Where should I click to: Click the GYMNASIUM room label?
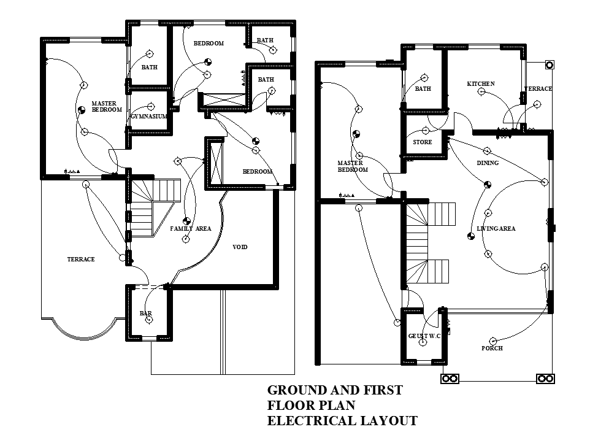point(149,116)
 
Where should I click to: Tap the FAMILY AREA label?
point(190,229)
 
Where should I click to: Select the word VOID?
point(240,247)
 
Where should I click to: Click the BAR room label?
point(146,314)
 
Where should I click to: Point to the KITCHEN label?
point(481,84)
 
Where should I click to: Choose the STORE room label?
point(422,142)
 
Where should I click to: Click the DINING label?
point(488,163)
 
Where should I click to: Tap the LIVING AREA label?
point(496,229)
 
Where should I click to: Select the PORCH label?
point(492,349)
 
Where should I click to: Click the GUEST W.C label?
point(424,336)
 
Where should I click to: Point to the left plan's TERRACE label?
point(81,260)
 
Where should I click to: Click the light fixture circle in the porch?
point(493,341)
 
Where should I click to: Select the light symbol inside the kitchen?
point(481,92)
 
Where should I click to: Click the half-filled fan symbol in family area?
point(186,221)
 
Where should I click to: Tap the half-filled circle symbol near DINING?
point(488,183)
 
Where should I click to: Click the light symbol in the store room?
point(425,131)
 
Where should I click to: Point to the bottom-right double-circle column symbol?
point(545,379)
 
